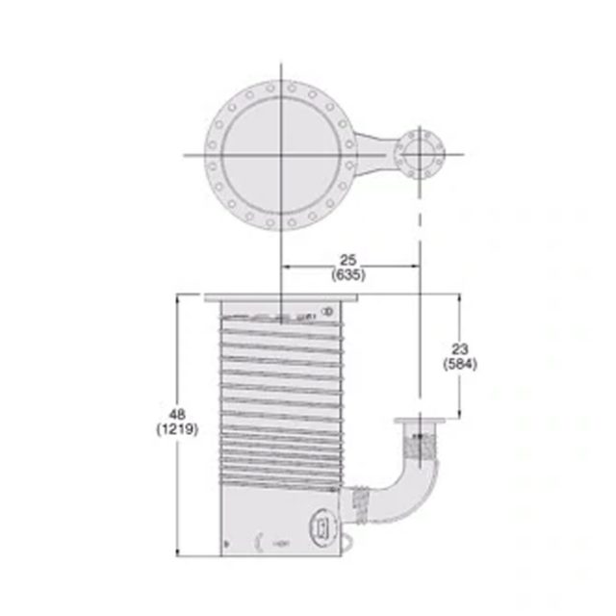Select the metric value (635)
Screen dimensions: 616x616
point(348,273)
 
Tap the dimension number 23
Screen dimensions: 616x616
point(460,349)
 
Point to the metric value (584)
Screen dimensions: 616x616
point(460,364)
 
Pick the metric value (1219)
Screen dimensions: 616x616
point(177,430)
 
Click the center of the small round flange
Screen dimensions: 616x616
point(419,154)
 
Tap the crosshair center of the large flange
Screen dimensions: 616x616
point(282,154)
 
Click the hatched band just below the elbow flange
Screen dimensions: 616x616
point(419,445)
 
